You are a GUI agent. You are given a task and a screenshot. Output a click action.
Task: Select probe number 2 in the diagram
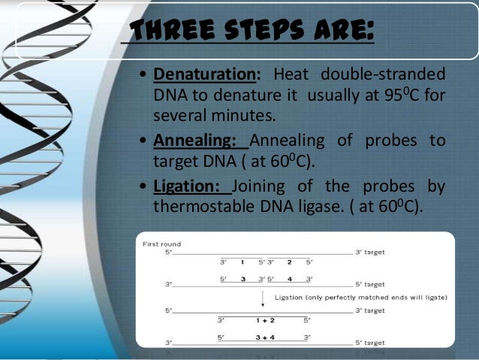pyautogui.click(x=288, y=263)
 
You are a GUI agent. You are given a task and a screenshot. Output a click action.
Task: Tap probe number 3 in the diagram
pyautogui.click(x=243, y=279)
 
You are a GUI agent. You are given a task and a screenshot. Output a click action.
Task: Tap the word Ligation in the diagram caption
pyautogui.click(x=292, y=297)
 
